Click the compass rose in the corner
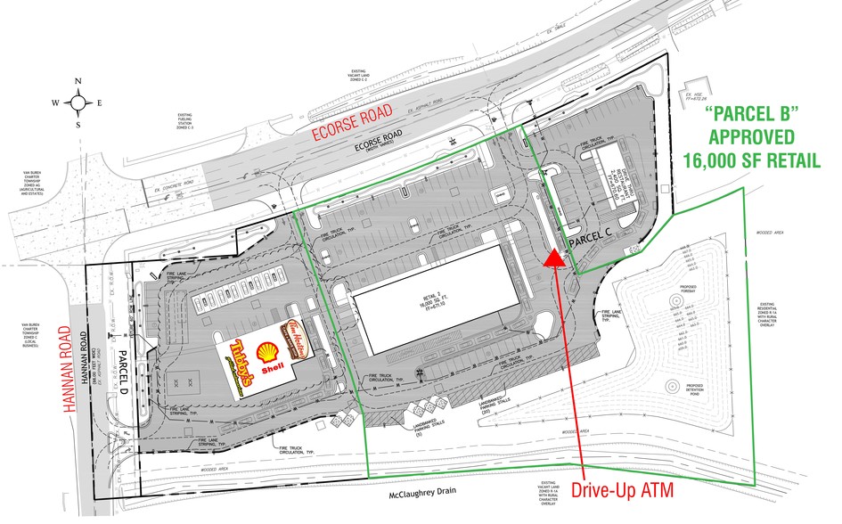click(x=79, y=102)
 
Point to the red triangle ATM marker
click(x=554, y=258)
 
